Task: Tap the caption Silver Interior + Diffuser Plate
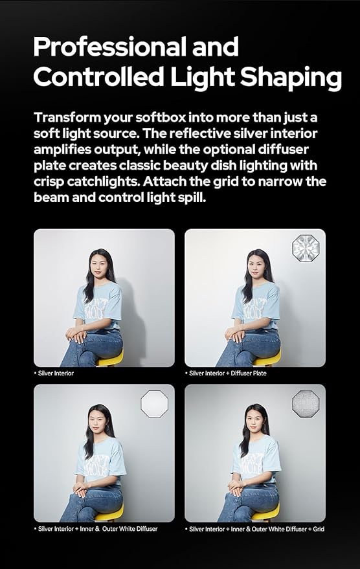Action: (x=227, y=374)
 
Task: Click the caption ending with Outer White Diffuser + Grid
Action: (x=256, y=529)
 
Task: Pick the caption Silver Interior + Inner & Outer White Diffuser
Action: (x=97, y=529)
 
